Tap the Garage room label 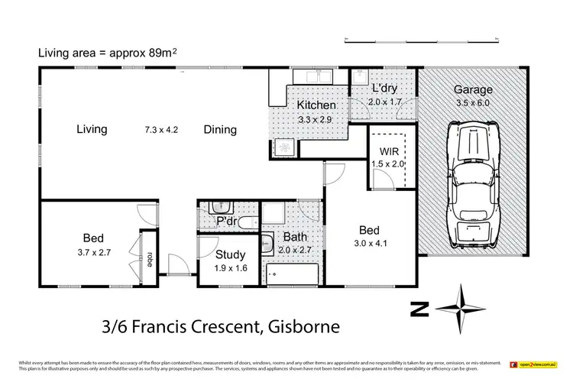tap(472, 89)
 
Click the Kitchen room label tap(316, 105)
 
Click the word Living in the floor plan tap(92, 129)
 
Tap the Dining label tap(220, 130)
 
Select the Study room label tap(230, 255)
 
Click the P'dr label tap(226, 222)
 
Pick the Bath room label tap(296, 238)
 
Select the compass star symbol tap(462, 303)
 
